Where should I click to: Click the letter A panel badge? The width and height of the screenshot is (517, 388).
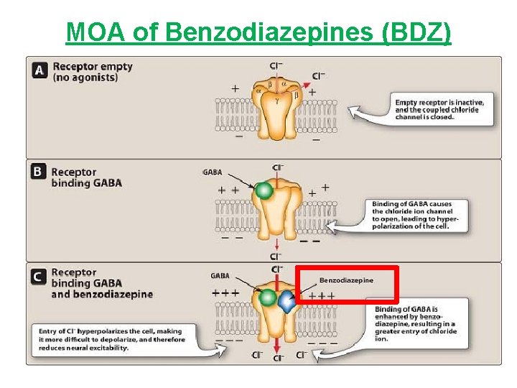41,70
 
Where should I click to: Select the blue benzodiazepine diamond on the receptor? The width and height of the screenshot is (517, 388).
287,302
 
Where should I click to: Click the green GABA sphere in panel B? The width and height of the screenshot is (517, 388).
265,190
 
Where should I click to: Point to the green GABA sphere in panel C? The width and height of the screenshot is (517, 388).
268,297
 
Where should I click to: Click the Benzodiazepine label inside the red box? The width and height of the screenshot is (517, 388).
346,280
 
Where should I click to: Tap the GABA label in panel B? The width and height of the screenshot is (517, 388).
213,172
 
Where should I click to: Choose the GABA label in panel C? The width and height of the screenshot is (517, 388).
220,275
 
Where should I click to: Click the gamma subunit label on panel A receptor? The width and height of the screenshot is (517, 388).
276,101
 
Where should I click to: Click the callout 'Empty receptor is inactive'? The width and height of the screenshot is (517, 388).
439,110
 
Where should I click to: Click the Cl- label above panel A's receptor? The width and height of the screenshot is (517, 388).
276,65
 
